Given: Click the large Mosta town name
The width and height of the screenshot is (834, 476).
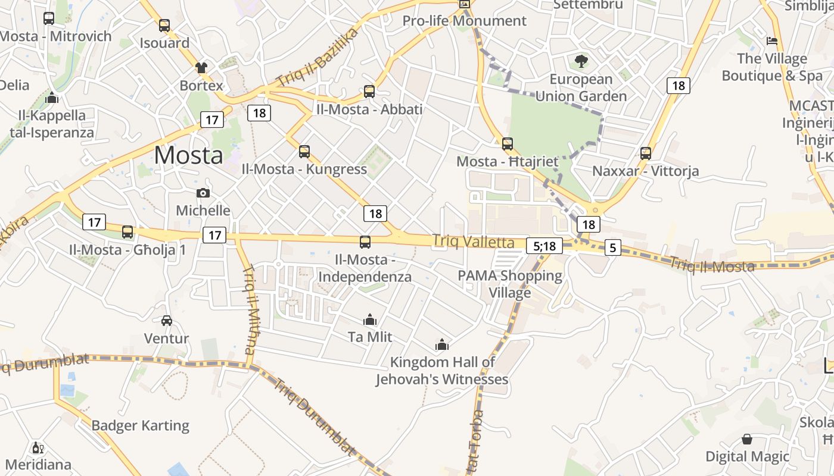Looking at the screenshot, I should (x=188, y=155).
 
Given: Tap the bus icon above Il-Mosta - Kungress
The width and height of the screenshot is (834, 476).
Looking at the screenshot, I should (x=304, y=152).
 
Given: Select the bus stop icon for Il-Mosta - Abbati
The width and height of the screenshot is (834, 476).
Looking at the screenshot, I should (x=369, y=92).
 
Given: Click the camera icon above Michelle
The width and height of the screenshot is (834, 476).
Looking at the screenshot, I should (x=203, y=193).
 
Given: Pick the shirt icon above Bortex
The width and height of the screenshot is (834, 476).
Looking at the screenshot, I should (x=201, y=68).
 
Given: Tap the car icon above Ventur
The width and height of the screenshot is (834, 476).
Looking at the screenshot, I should (x=167, y=321).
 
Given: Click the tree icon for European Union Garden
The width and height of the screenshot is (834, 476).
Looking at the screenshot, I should (x=581, y=61).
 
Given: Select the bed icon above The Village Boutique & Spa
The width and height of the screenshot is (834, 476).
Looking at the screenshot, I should (x=772, y=41).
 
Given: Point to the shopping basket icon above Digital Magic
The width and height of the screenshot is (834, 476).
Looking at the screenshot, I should (x=747, y=439).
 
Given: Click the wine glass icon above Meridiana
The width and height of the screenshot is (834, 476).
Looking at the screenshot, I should (x=38, y=447).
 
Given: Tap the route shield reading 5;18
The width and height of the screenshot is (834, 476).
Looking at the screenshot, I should (x=544, y=246).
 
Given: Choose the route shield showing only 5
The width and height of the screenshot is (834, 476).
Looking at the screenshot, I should (x=613, y=247).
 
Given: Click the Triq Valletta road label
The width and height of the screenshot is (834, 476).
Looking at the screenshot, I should (x=474, y=241).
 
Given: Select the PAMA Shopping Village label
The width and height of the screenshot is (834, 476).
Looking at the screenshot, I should (x=510, y=284).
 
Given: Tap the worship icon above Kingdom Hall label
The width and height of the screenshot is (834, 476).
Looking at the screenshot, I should (x=441, y=345).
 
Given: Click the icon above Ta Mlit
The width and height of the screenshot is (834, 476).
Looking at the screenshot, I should (x=370, y=320).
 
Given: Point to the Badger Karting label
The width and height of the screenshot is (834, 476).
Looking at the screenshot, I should (x=140, y=425).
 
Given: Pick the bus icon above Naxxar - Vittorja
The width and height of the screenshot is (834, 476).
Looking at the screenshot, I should (x=646, y=154).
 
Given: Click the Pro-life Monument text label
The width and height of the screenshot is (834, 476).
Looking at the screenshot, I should (x=465, y=21).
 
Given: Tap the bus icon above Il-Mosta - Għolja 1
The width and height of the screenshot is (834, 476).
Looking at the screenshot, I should (x=127, y=232).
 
